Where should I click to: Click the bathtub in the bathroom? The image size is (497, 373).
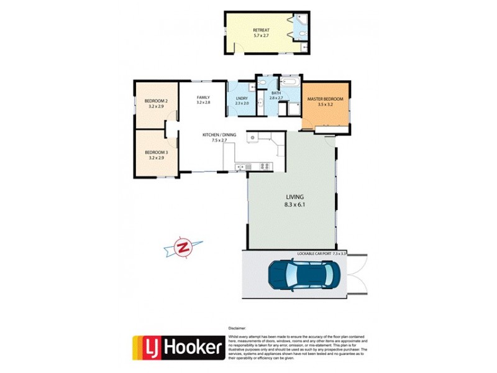coord(289,82)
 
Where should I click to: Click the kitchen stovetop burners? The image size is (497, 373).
coord(263,166)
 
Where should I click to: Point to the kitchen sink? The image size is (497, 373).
coord(242,166)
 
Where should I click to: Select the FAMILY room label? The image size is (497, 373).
coord(203,97)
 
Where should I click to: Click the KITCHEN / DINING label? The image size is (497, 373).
coord(217,135)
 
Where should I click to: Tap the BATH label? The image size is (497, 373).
coord(276,93)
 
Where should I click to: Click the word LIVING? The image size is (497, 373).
coord(291,196)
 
